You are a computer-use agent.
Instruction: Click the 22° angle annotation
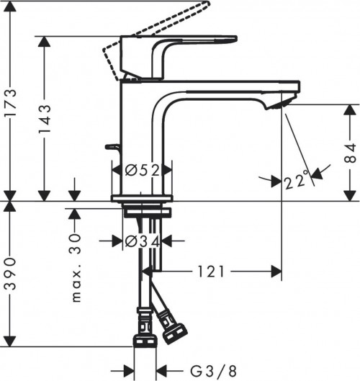point(295,180)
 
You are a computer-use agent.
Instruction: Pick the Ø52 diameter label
point(143,171)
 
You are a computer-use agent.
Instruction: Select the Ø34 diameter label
point(143,241)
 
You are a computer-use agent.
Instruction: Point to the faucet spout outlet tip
point(276,107)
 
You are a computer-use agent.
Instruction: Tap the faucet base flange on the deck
point(143,197)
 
